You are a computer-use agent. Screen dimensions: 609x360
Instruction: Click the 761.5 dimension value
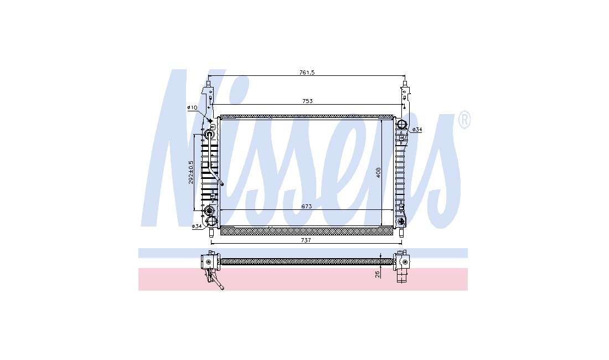pyautogui.click(x=307, y=73)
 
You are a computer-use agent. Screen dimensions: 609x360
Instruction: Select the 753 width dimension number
pyautogui.click(x=307, y=101)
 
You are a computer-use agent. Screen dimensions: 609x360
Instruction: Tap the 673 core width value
pyautogui.click(x=307, y=207)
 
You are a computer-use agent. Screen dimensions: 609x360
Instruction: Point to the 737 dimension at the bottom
pyautogui.click(x=306, y=240)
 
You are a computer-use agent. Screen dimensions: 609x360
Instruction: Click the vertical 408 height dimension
pyautogui.click(x=378, y=173)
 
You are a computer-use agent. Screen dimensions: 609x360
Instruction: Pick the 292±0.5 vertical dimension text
pyautogui.click(x=190, y=172)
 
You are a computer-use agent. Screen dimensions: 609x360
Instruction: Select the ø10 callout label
pyautogui.click(x=192, y=107)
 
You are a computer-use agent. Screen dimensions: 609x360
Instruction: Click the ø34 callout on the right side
pyautogui.click(x=417, y=130)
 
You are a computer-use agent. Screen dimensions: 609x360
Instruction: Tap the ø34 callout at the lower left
pyautogui.click(x=197, y=226)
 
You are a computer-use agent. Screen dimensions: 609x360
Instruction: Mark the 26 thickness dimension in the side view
pyautogui.click(x=377, y=275)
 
